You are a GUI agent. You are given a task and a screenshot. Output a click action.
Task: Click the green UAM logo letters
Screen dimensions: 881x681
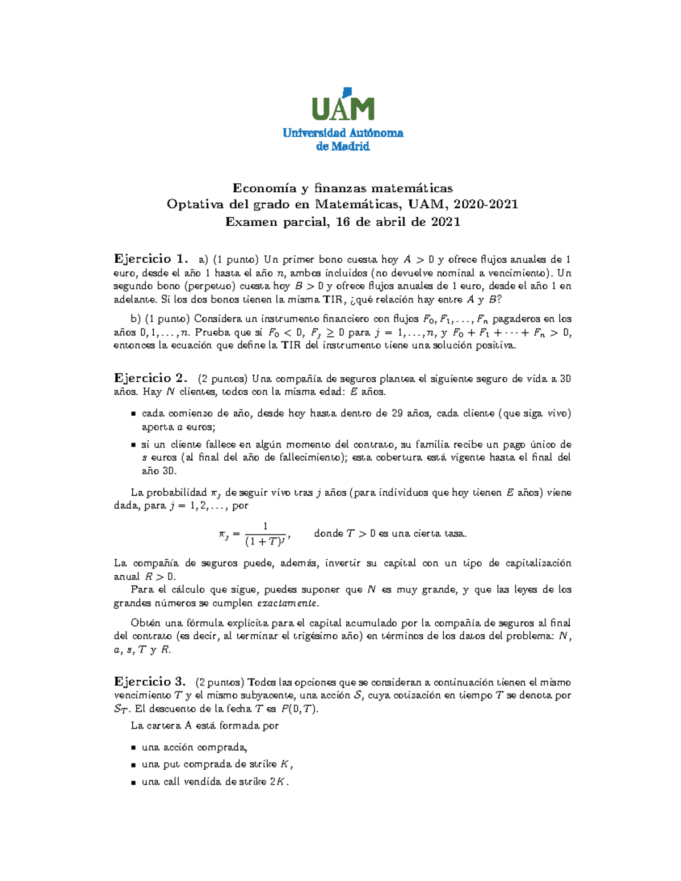tap(343, 108)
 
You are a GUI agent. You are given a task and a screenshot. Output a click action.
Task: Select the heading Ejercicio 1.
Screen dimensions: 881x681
tap(150, 259)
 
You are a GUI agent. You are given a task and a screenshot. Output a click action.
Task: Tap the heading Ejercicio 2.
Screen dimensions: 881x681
tap(150, 378)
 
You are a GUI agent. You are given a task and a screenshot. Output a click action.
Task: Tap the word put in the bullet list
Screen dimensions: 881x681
tap(171, 764)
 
